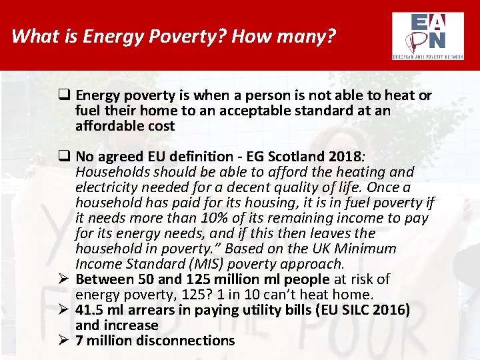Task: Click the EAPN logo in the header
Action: (x=428, y=35)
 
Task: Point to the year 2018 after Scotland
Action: (x=344, y=157)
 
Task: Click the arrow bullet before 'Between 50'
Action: (x=65, y=279)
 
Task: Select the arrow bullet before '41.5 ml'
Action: (x=65, y=310)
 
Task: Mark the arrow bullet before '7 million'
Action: (x=65, y=341)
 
